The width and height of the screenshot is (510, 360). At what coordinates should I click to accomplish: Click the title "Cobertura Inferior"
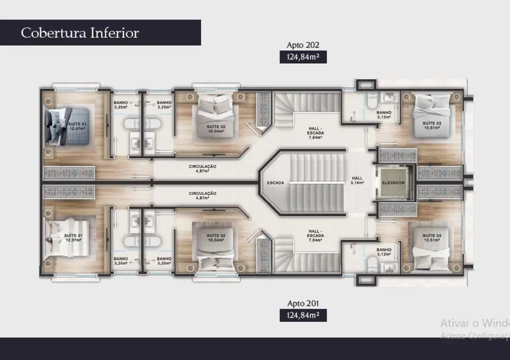(80, 33)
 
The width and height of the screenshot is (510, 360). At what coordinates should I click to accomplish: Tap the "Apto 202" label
(303, 45)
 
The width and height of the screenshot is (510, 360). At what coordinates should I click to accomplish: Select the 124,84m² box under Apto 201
(303, 316)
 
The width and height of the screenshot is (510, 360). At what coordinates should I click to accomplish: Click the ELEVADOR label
(394, 182)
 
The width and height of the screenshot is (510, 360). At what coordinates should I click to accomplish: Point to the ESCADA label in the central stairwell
(276, 182)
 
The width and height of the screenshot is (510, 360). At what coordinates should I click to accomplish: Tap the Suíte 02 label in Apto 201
(215, 238)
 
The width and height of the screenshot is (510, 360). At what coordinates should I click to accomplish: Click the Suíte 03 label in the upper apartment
(432, 125)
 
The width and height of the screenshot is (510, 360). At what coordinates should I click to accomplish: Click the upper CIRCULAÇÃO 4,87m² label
(202, 168)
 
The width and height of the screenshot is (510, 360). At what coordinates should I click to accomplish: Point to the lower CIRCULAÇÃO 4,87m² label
(202, 196)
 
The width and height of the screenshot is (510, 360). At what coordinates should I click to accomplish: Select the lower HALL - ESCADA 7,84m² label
(316, 234)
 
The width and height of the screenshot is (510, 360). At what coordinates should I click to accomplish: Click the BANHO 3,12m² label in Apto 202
(384, 115)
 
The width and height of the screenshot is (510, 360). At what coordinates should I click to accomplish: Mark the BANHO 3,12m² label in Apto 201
(384, 251)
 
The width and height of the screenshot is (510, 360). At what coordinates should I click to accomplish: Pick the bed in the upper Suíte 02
(214, 108)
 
